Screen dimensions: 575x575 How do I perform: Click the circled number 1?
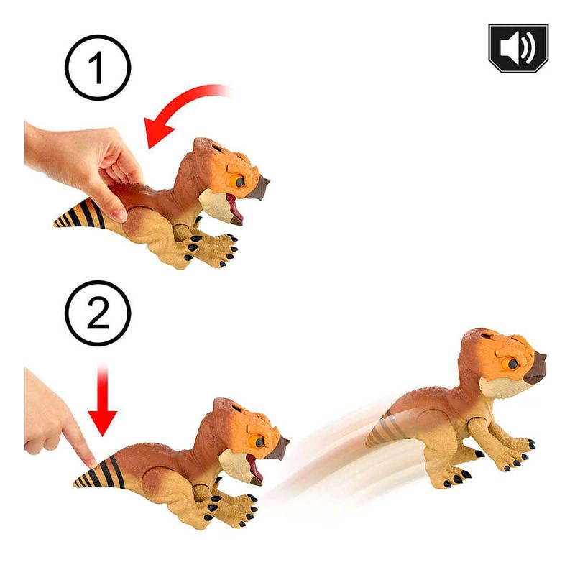(98, 68)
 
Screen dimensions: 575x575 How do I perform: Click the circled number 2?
(98, 313)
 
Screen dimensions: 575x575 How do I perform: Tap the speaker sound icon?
(518, 47)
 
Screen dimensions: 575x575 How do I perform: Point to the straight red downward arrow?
(102, 400)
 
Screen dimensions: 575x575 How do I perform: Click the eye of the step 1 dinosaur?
(238, 181)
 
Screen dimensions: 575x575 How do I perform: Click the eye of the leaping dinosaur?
(511, 364)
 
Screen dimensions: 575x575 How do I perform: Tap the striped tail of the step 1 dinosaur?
(80, 214)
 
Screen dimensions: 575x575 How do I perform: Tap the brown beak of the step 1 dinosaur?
(259, 188)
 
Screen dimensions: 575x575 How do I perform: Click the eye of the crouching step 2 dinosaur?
(259, 441)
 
